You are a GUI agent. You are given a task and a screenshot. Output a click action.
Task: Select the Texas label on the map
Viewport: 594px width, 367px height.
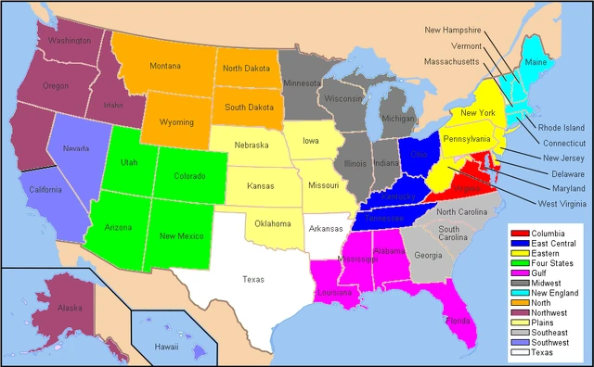pyautogui.click(x=252, y=279)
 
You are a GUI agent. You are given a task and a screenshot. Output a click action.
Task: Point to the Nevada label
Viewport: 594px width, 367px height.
pyautogui.click(x=75, y=148)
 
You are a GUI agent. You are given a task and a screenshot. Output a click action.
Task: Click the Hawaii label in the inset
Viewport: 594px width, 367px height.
pyautogui.click(x=166, y=347)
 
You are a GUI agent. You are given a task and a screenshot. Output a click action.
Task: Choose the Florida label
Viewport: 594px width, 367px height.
pyautogui.click(x=457, y=323)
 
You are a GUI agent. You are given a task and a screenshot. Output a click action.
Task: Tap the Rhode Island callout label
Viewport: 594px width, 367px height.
pyautogui.click(x=562, y=127)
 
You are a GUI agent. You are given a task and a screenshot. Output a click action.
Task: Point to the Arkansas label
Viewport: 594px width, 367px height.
pyautogui.click(x=326, y=228)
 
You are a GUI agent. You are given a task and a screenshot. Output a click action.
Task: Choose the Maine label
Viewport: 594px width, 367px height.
pyautogui.click(x=536, y=62)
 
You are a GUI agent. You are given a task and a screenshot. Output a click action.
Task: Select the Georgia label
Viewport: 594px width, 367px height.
pyautogui.click(x=428, y=255)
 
